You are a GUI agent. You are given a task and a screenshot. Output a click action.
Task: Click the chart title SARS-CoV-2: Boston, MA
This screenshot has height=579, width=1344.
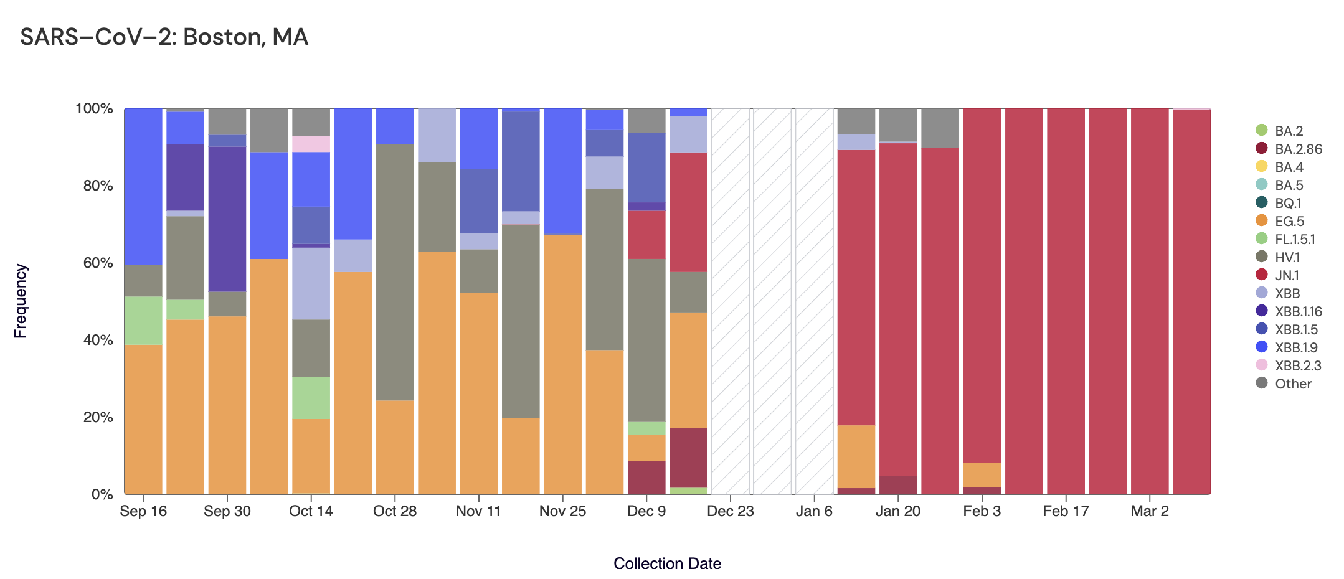coord(164,37)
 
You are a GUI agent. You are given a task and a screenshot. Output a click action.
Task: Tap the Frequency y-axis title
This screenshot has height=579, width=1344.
coord(21,301)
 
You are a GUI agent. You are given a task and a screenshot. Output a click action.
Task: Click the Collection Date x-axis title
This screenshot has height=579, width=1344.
coord(667,563)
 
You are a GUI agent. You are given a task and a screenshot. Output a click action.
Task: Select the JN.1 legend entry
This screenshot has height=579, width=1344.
coord(1287,275)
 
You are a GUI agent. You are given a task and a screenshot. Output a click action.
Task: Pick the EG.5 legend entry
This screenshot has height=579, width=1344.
coord(1289,221)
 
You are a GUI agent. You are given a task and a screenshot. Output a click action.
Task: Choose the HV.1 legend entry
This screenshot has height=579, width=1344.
coord(1287,257)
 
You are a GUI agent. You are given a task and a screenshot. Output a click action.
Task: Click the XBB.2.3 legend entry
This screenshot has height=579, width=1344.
coord(1297,365)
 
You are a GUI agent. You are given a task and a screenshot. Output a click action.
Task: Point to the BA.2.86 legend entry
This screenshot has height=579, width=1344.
coord(1298,149)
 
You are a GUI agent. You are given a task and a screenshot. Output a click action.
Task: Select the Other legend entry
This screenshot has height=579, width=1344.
coord(1293,384)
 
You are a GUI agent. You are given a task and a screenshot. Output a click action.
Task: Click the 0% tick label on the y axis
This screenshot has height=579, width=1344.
coord(102,494)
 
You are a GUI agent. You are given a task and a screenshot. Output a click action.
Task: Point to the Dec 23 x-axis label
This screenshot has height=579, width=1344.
coord(731,511)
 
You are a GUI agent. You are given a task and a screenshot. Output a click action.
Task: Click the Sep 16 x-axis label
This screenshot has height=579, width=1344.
coord(143,511)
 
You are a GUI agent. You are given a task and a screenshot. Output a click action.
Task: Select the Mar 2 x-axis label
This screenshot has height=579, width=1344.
coord(1150,511)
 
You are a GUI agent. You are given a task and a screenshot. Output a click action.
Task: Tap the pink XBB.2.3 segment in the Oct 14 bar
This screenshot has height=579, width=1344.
coord(311,144)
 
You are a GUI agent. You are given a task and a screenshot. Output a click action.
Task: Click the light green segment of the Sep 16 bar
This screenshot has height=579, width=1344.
coord(143,320)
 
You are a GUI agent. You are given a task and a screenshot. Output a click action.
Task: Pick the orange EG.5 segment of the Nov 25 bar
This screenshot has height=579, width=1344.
coord(563,364)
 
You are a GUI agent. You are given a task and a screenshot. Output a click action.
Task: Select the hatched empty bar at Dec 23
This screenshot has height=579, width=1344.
coord(731,301)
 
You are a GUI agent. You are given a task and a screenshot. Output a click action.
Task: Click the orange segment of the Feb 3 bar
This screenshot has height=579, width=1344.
coord(982,474)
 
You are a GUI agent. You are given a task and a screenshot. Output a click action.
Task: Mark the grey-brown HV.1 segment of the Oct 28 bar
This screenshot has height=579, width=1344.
coord(395,271)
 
